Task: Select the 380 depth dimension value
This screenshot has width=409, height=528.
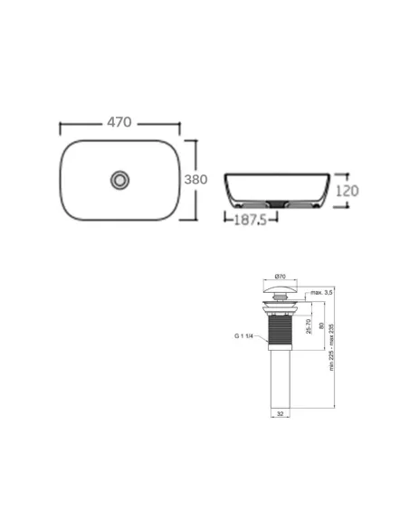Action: [196, 179]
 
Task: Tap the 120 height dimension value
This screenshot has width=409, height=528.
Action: [348, 191]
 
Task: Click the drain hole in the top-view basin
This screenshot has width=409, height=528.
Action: [119, 179]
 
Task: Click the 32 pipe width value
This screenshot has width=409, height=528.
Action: [281, 414]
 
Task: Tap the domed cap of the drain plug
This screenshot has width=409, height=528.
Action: [281, 290]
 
